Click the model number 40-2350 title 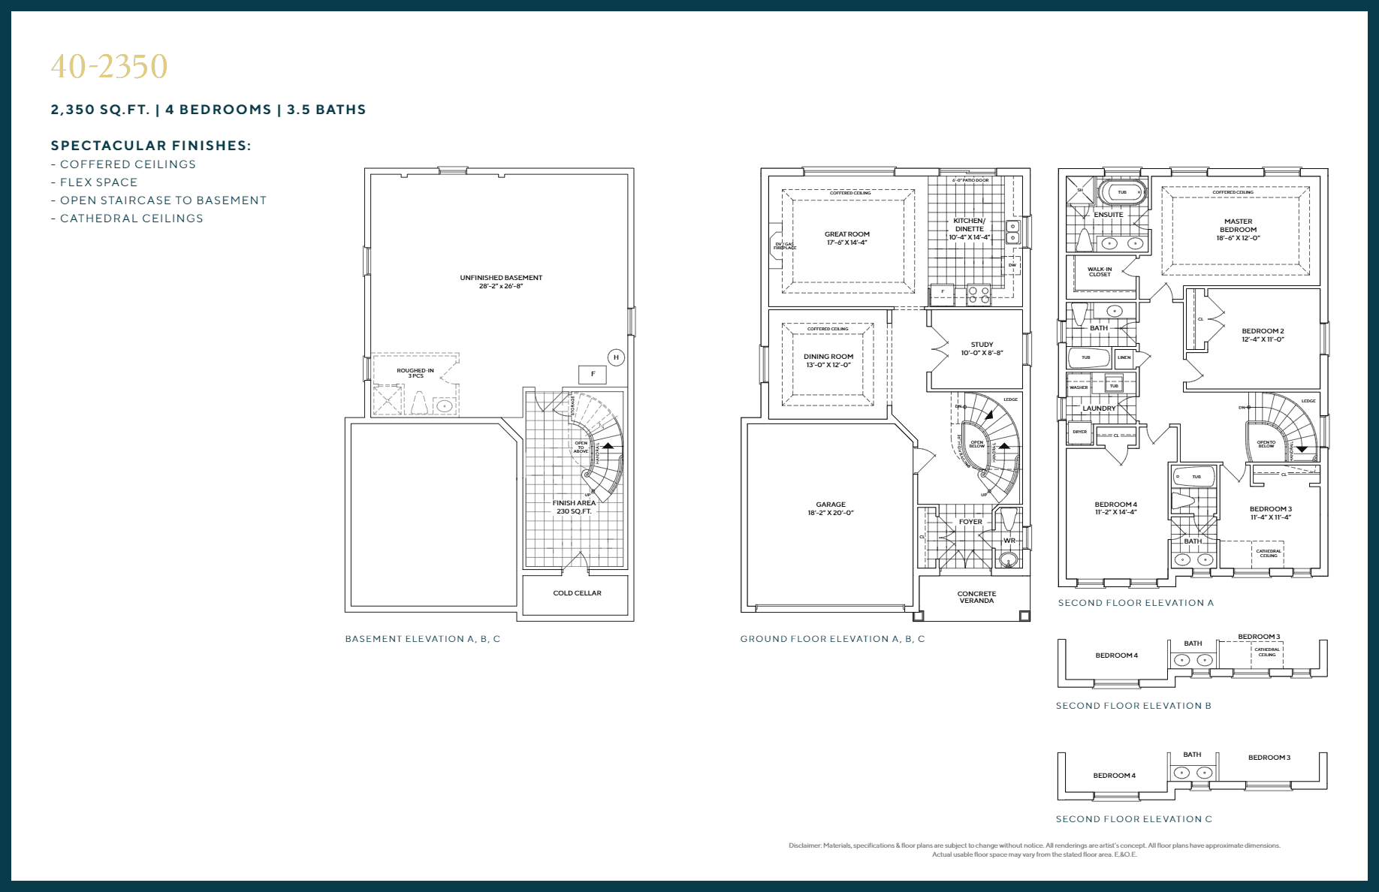[x=110, y=67]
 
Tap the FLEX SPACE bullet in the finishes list [x=98, y=182]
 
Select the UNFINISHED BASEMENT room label [x=501, y=282]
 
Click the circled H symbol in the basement [x=616, y=357]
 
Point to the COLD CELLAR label [x=577, y=593]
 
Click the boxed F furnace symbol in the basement [x=593, y=374]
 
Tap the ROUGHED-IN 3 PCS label [x=415, y=373]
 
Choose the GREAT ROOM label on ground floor [x=846, y=238]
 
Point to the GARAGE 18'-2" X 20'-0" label [x=831, y=509]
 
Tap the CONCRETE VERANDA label [x=976, y=597]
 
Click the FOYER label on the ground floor [x=970, y=522]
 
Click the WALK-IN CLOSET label [x=1100, y=272]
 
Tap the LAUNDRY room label [x=1099, y=408]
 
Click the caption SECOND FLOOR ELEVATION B [x=1133, y=706]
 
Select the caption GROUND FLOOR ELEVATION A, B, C [x=832, y=639]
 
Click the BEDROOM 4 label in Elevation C [x=1114, y=776]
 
